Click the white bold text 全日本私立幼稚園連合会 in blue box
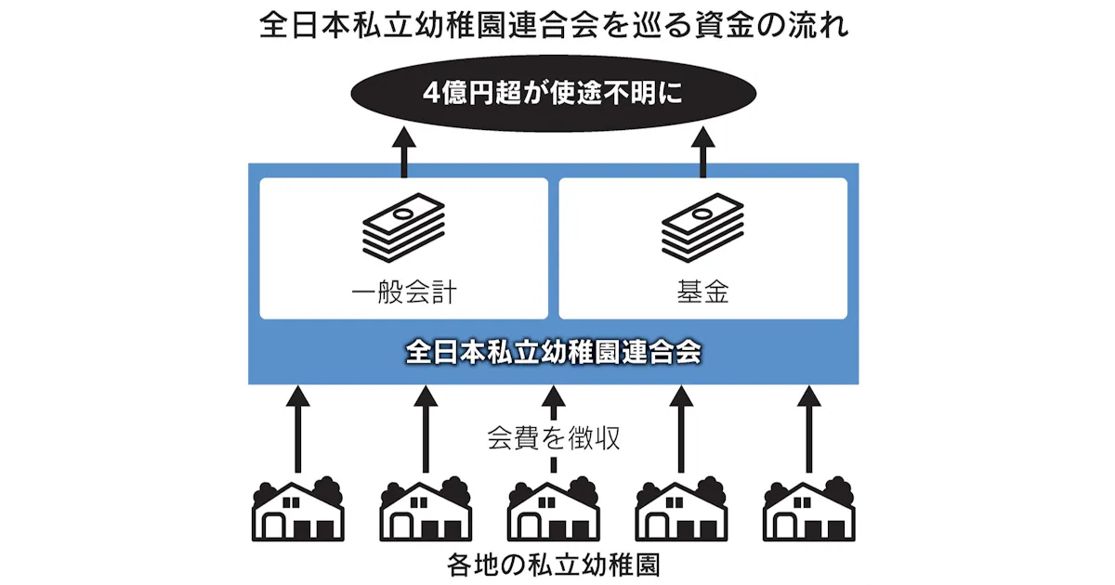point(554,354)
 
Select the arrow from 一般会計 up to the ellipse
point(404,152)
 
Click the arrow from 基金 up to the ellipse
point(702,152)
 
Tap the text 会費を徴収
point(554,437)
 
